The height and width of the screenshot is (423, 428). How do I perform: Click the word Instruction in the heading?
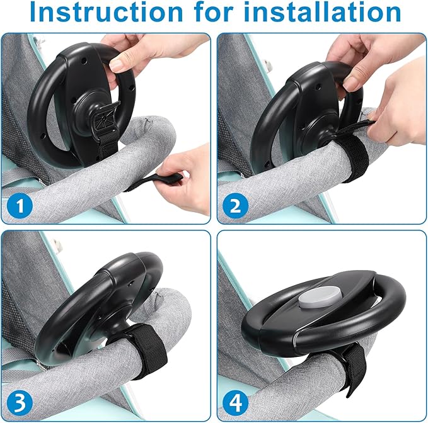pos(106,12)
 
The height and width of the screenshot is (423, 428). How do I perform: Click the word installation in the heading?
pos(322,11)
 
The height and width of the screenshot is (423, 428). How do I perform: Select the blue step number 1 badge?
pos(20,205)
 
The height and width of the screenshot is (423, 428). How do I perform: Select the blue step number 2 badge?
pos(236,205)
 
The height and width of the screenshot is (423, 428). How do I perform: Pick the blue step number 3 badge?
pos(20,403)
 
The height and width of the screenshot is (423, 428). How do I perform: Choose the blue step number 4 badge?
pos(236,403)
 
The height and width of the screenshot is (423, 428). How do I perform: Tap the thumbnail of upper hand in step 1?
pos(117,65)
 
